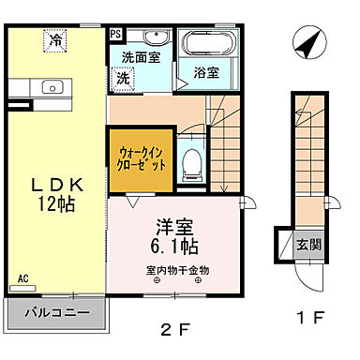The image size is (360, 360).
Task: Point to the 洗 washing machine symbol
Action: [x=123, y=80]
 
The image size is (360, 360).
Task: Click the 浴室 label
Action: [x=205, y=71]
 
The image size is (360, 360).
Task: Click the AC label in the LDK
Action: [x=23, y=278]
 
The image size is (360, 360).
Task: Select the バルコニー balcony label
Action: [x=57, y=310]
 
